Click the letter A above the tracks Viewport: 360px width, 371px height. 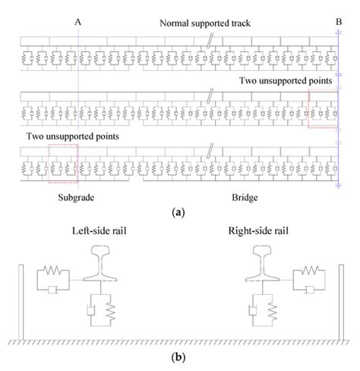click(79, 21)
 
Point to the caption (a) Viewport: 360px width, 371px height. click(179, 214)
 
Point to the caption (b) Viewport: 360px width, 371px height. click(179, 356)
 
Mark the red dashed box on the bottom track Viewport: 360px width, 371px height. click(62, 163)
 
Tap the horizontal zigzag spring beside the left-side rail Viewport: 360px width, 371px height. click(53, 268)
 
